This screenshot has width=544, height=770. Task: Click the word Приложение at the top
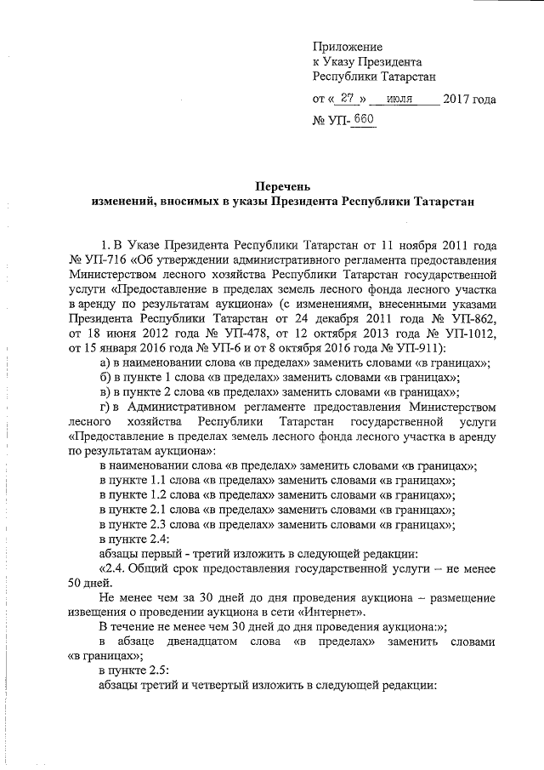(347, 47)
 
